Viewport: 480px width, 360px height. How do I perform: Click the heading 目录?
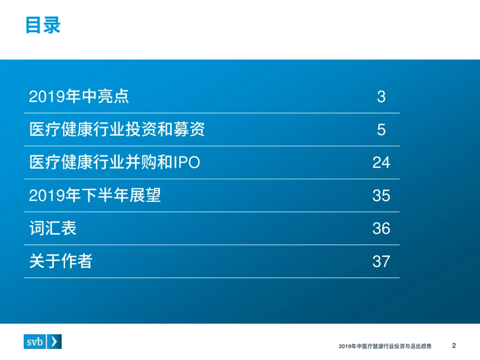[x=43, y=25]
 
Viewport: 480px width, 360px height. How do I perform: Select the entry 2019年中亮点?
[x=79, y=96]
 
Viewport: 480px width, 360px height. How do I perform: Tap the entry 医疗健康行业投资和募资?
[x=117, y=129]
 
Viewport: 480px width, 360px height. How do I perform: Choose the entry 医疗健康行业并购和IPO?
[x=115, y=162]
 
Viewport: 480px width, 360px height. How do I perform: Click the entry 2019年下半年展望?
[x=95, y=195]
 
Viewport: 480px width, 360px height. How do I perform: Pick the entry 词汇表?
[x=53, y=228]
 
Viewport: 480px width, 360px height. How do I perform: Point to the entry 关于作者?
[x=61, y=261]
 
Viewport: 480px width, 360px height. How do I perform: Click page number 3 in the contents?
[x=381, y=96]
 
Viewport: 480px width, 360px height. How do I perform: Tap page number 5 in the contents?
[x=381, y=130]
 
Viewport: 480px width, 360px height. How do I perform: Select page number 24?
[x=381, y=163]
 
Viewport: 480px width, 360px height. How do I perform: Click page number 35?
[x=381, y=195]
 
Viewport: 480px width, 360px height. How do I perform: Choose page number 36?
[x=381, y=228]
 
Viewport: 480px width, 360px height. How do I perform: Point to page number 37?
[x=381, y=261]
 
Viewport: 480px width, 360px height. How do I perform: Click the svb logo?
[x=35, y=341]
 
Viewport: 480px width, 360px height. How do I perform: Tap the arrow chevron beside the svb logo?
[x=55, y=341]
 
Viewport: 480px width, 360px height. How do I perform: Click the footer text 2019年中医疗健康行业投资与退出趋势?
[x=385, y=346]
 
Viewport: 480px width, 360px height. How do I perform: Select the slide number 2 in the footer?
[x=454, y=346]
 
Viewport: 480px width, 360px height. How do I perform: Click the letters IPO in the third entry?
[x=186, y=163]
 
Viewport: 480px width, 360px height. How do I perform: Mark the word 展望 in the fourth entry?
[x=148, y=195]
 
